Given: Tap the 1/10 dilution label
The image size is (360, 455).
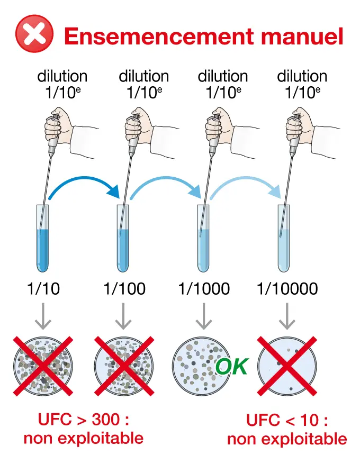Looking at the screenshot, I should pyautogui.click(x=43, y=289).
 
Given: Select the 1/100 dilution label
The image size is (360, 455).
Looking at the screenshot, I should pyautogui.click(x=124, y=289).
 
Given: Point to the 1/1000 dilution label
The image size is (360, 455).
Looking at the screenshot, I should pyautogui.click(x=204, y=289).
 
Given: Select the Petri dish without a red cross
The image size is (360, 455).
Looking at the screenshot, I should pyautogui.click(x=200, y=365).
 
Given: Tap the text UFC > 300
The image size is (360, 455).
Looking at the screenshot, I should pyautogui.click(x=84, y=421).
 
